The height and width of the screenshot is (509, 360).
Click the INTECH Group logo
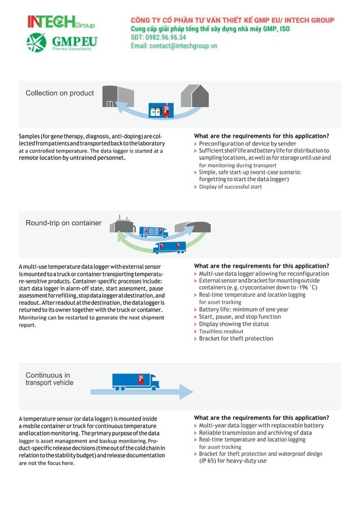pos(61,22)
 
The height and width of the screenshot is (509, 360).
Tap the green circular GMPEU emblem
pos(37,43)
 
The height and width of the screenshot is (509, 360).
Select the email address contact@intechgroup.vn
pos(174,46)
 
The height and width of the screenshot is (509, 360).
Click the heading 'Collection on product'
pos(60,93)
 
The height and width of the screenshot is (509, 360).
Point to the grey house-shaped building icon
pos(194,96)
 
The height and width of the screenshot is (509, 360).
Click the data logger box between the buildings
pos(159,110)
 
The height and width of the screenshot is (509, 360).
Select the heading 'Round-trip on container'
pos(64,223)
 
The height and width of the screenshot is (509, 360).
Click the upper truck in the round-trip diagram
pos(153,231)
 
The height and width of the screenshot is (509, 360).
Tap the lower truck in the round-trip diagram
pos(169,247)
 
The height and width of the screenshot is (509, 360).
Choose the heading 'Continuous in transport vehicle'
pos(50,379)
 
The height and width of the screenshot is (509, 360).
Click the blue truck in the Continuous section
pos(135,382)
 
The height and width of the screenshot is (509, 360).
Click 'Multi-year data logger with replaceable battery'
pos(261,425)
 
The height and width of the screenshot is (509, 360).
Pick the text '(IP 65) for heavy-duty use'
pos(232,460)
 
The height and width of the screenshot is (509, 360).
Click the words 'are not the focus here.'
pos(46,463)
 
